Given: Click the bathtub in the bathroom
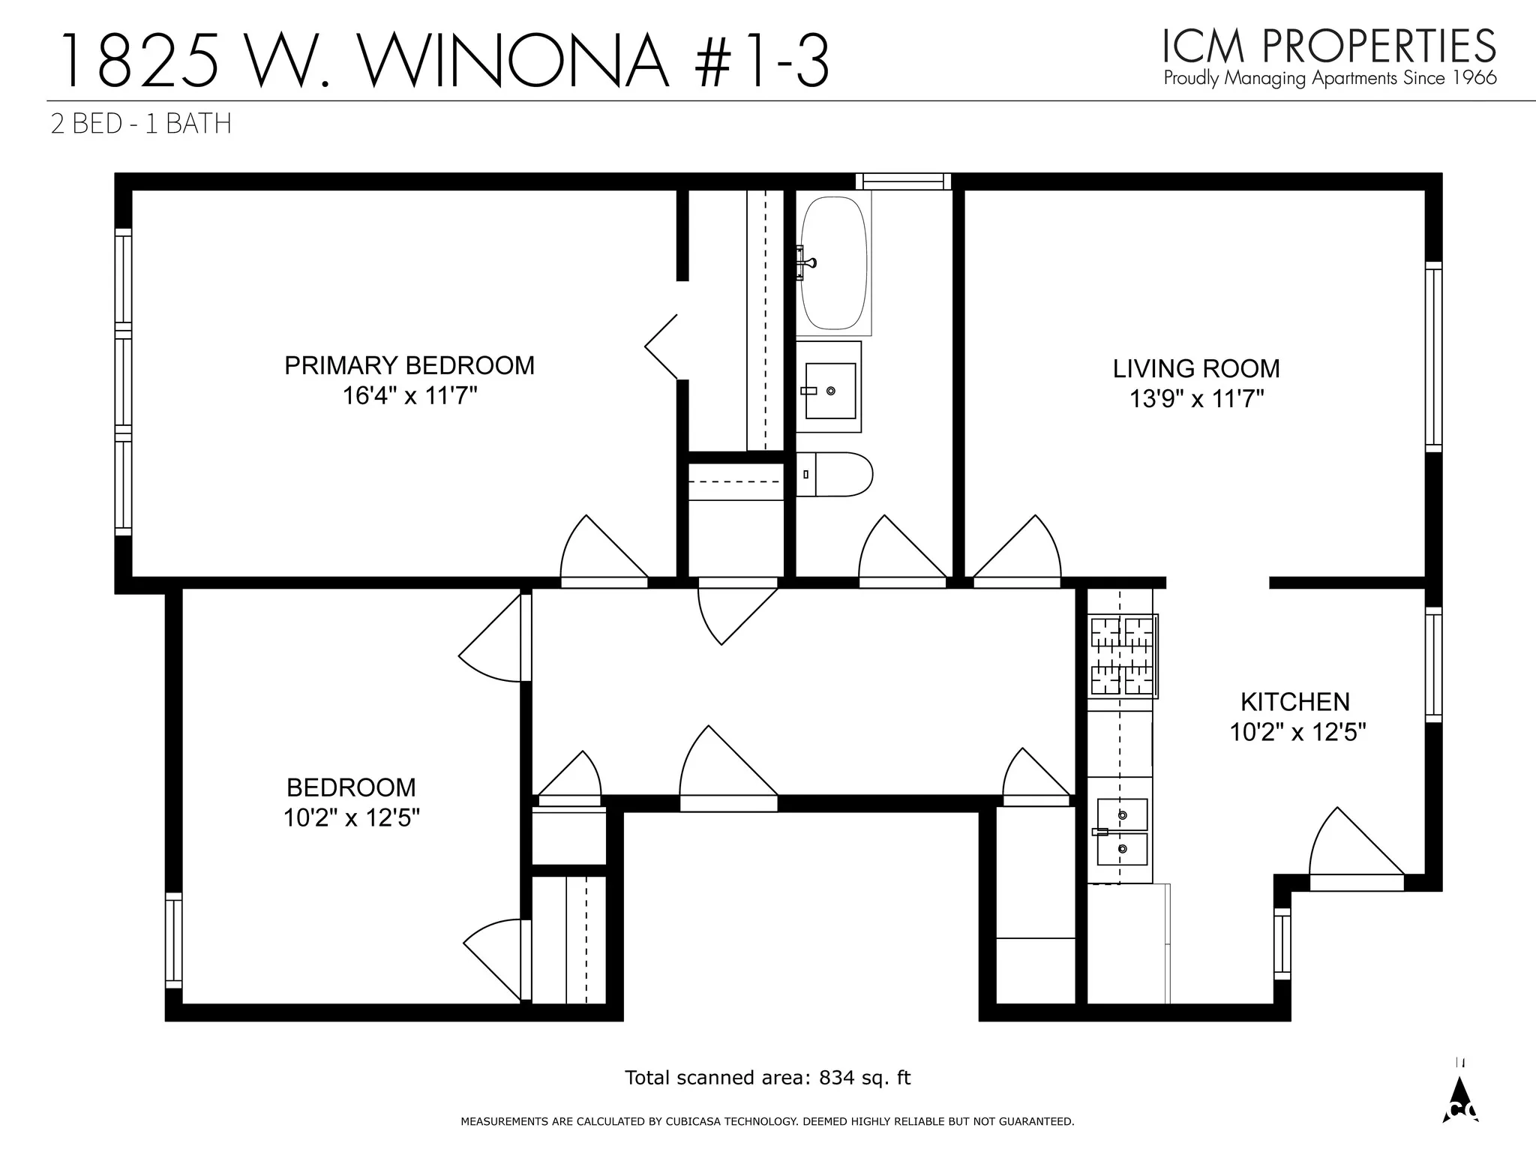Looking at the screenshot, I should [x=833, y=262].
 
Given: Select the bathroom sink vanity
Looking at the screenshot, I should [x=829, y=388].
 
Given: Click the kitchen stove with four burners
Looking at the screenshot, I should [x=1122, y=656].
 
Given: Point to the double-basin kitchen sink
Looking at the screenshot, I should [x=1121, y=831].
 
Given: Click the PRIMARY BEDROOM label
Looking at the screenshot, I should [x=409, y=366].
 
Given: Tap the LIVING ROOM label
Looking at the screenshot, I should [x=1195, y=369].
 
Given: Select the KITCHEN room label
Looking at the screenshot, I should [x=1294, y=702].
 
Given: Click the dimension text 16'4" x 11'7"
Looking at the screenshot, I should [x=409, y=396].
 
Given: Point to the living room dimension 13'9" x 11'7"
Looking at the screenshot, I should [x=1196, y=399].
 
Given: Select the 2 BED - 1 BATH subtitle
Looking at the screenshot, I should [x=141, y=124].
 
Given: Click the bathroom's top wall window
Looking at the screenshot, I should [x=903, y=181].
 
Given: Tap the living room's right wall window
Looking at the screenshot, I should [x=1433, y=357].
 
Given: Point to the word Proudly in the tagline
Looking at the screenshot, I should [x=1192, y=78].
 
